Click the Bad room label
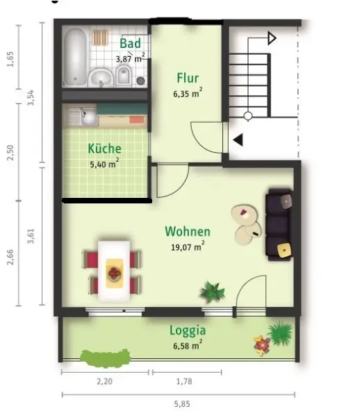tap(130, 43)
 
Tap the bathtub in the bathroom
tap(75, 57)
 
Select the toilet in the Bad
tap(124, 75)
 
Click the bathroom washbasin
tap(101, 77)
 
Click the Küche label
tap(105, 149)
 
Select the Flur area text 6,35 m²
tap(188, 94)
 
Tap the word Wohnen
tap(188, 231)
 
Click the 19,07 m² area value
tap(188, 246)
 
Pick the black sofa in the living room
tap(279, 224)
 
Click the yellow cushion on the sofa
tap(284, 250)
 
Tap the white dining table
tap(114, 271)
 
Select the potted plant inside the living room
tap(212, 292)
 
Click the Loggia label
tap(188, 330)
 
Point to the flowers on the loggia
tap(261, 345)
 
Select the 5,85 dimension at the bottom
tap(182, 404)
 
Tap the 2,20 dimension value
tap(105, 381)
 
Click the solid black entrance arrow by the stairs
tap(238, 140)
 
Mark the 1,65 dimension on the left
tap(10, 59)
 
